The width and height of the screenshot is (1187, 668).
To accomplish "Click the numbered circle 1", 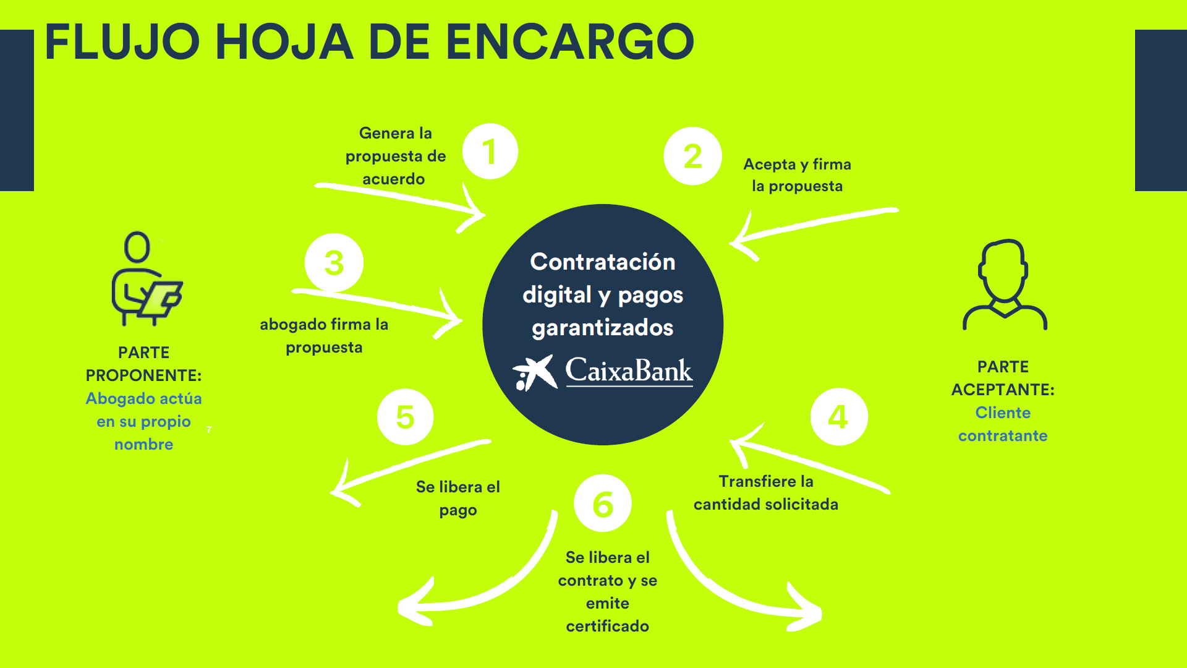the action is coord(490,152).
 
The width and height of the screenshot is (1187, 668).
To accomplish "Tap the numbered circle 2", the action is coord(692,156).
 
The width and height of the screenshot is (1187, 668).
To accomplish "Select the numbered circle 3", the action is coord(334,263).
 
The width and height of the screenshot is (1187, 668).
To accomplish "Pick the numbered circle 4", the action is coord(838,417).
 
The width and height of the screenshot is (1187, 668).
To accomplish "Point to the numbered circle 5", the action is coord(405,417).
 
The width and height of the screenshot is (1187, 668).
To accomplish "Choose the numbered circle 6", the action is coord(603,503).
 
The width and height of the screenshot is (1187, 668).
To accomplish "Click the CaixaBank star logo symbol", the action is coord(534,372).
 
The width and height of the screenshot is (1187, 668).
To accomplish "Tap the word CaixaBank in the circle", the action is coord(629,371).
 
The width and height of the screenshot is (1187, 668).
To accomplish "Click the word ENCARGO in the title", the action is coord(569,42).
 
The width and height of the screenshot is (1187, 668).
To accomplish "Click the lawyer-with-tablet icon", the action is coord(146,280).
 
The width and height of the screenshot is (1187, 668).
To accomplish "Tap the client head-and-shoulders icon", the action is coord(1004,285).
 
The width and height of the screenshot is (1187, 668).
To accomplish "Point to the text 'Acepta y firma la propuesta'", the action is coord(797,175).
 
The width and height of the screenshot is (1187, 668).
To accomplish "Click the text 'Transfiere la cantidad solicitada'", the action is coord(765,492).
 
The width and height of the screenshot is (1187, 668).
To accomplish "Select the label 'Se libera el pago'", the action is coord(457,498).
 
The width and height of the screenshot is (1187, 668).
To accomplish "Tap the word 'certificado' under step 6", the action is coord(607,626).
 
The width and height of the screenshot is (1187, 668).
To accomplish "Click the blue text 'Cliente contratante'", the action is coord(1002,424).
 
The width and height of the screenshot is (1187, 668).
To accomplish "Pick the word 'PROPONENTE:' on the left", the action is coord(143,375).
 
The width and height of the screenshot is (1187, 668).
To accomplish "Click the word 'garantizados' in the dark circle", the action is coord(602,328).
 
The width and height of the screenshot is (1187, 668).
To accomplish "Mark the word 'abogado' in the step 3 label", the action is coord(293,325).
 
